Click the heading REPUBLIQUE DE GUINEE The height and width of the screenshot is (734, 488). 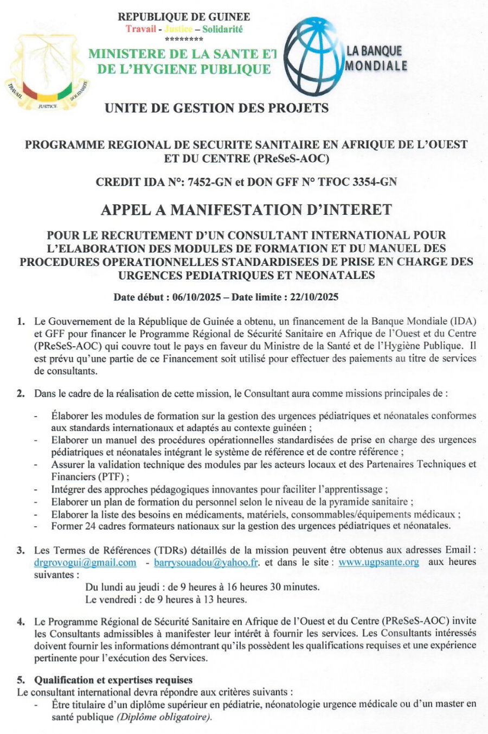coord(184,17)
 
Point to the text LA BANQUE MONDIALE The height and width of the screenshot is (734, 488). coord(376,59)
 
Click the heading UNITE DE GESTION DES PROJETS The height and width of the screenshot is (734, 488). coord(216,108)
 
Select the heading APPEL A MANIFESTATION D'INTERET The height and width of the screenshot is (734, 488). coord(246,209)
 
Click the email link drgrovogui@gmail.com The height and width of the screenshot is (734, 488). coord(85,563)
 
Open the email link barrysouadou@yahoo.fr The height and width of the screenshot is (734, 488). coord(206,563)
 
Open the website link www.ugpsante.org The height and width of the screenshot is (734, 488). coord(378,562)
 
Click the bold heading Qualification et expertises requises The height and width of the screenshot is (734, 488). coord(113,680)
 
